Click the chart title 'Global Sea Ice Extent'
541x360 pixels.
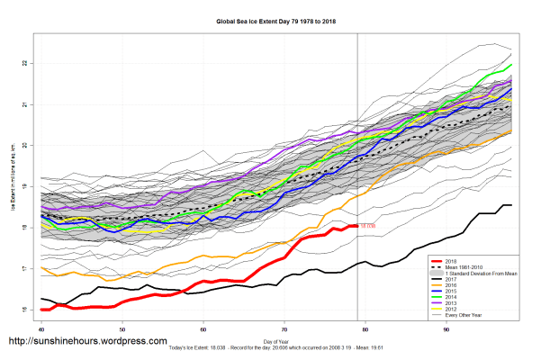click(270, 19)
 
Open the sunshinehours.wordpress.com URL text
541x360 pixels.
click(87, 342)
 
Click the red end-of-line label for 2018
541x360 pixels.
click(367, 226)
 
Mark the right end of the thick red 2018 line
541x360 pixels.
click(357, 226)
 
